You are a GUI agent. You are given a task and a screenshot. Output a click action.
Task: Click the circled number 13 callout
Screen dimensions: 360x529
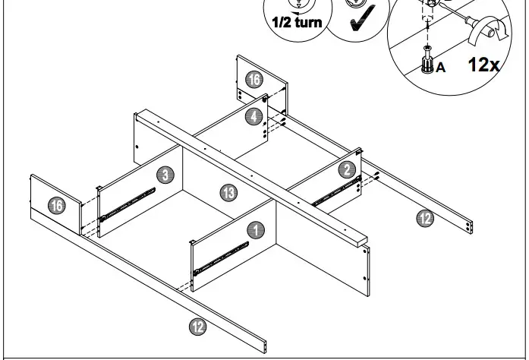click(229, 192)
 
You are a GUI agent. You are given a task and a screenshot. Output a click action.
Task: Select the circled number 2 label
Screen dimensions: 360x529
click(347, 169)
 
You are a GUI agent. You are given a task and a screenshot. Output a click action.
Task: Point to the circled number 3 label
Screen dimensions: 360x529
click(165, 175)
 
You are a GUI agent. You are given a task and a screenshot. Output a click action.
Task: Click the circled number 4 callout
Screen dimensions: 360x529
click(253, 116)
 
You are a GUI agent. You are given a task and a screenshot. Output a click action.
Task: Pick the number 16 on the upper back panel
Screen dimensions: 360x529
click(253, 79)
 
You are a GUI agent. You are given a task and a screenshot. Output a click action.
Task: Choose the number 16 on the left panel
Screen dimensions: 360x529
click(55, 205)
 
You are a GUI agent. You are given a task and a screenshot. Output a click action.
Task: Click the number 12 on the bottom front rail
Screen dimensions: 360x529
click(197, 327)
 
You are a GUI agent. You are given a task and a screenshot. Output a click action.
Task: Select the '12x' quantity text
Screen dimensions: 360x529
click(483, 64)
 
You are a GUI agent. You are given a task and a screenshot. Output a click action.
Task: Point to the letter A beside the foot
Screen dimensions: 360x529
click(441, 68)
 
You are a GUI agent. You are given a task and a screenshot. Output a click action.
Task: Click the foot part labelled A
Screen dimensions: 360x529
click(427, 63)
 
